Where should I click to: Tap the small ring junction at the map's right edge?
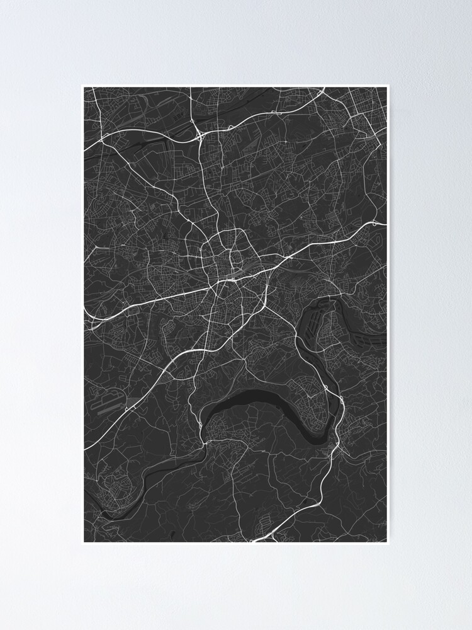(x=376, y=223)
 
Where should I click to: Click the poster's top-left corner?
(x=82, y=85)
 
